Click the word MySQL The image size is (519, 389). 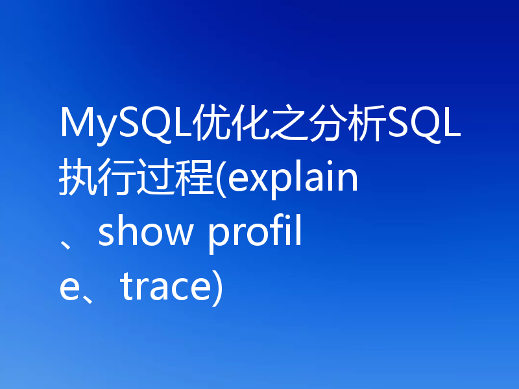click(x=123, y=123)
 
